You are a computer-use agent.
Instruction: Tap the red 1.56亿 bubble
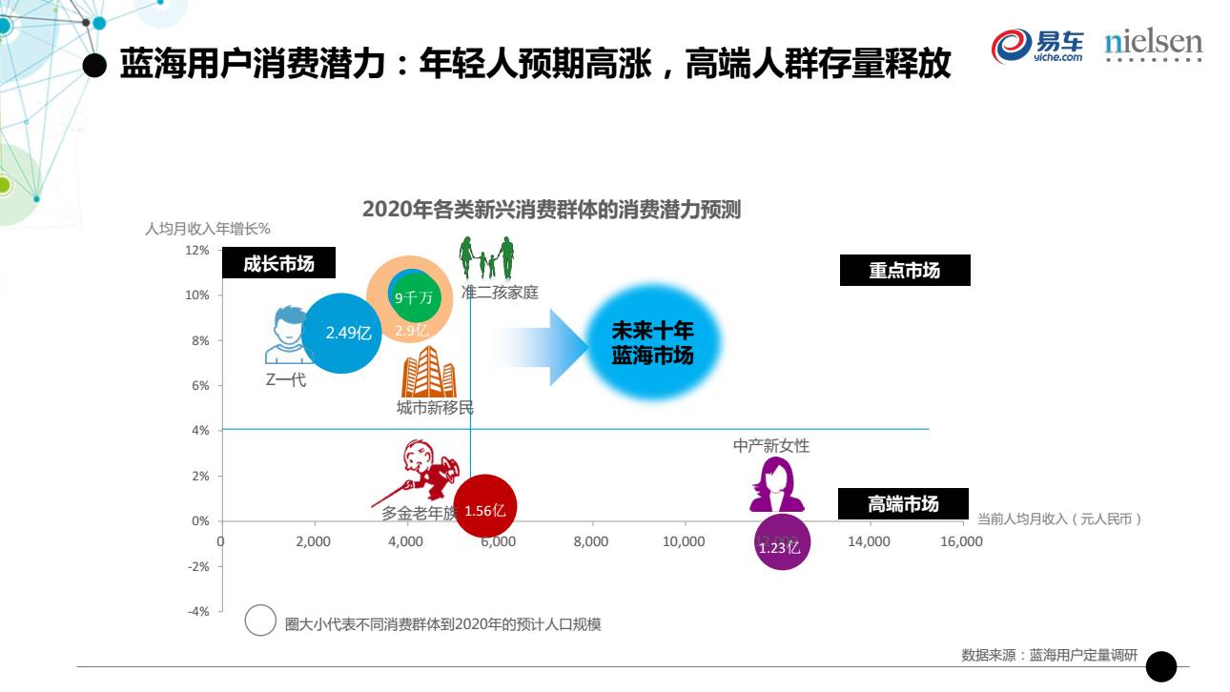485,509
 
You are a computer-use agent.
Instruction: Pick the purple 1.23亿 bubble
782,542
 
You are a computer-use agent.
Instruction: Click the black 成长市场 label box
278,263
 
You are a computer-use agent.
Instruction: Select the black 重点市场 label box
904,271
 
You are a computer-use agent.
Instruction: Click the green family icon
486,257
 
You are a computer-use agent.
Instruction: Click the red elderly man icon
419,473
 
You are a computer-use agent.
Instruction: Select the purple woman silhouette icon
776,485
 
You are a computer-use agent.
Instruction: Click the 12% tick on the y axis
198,251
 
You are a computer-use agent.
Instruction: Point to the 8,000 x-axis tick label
590,541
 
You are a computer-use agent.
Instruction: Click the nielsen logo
1153,45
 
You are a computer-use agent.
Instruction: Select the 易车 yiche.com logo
1038,45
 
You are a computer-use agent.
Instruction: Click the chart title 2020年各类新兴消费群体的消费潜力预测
551,210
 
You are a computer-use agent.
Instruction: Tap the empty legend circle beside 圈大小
260,621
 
